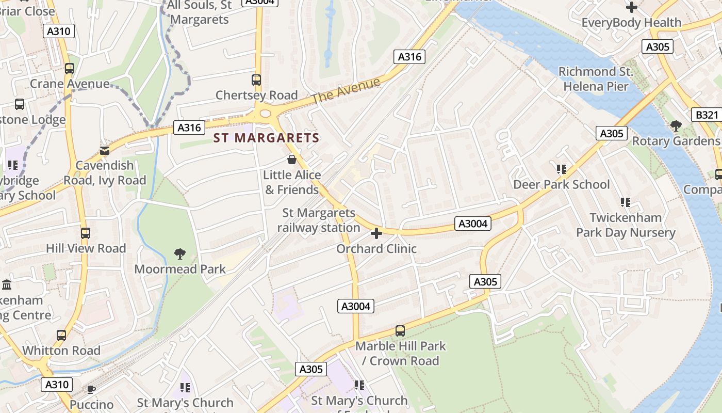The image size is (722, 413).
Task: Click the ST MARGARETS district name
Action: [266, 138]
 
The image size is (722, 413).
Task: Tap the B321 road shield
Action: [707, 115]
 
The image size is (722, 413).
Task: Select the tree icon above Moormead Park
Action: [180, 253]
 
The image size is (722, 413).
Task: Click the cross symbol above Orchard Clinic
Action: [376, 233]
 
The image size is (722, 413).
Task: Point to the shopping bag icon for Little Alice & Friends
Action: [292, 160]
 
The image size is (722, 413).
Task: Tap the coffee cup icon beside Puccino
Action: [91, 389]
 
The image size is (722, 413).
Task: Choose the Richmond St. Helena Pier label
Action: [596, 79]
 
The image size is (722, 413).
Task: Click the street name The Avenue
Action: [346, 90]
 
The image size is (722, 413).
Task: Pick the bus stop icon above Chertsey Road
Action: [256, 80]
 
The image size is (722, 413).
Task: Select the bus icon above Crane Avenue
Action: [70, 68]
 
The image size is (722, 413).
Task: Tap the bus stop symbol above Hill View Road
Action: [86, 233]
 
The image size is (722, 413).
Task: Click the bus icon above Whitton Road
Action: [61, 336]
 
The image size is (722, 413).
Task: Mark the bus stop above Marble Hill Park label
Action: [400, 331]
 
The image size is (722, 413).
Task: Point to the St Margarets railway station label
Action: [318, 220]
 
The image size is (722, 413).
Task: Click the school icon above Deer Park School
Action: [562, 169]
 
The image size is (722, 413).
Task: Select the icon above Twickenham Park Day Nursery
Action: [626, 202]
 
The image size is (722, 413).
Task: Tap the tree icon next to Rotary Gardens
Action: [676, 125]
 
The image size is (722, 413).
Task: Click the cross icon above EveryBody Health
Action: [631, 7]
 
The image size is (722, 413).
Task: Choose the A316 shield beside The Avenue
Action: [409, 57]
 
